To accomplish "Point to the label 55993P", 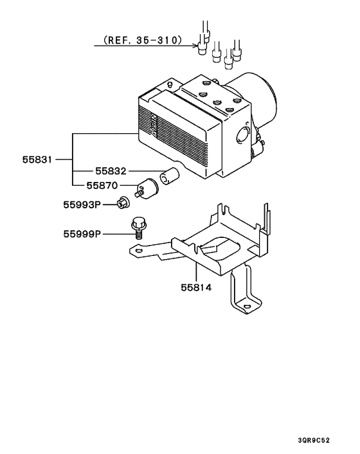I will click(x=82, y=205).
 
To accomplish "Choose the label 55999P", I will click(x=82, y=234).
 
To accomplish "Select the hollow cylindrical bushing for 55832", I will click(x=170, y=176).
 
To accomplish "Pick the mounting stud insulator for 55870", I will click(x=148, y=187).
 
